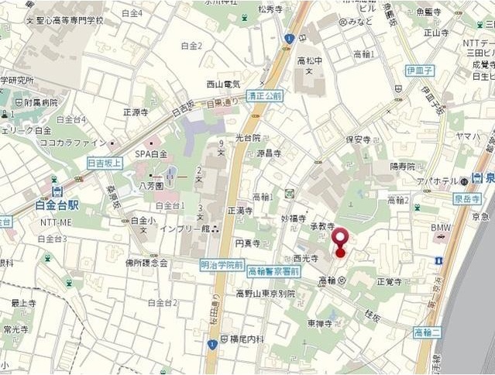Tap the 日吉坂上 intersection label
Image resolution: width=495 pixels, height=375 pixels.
pos(104,163)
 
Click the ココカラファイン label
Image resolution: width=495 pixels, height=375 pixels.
pos(74,143)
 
